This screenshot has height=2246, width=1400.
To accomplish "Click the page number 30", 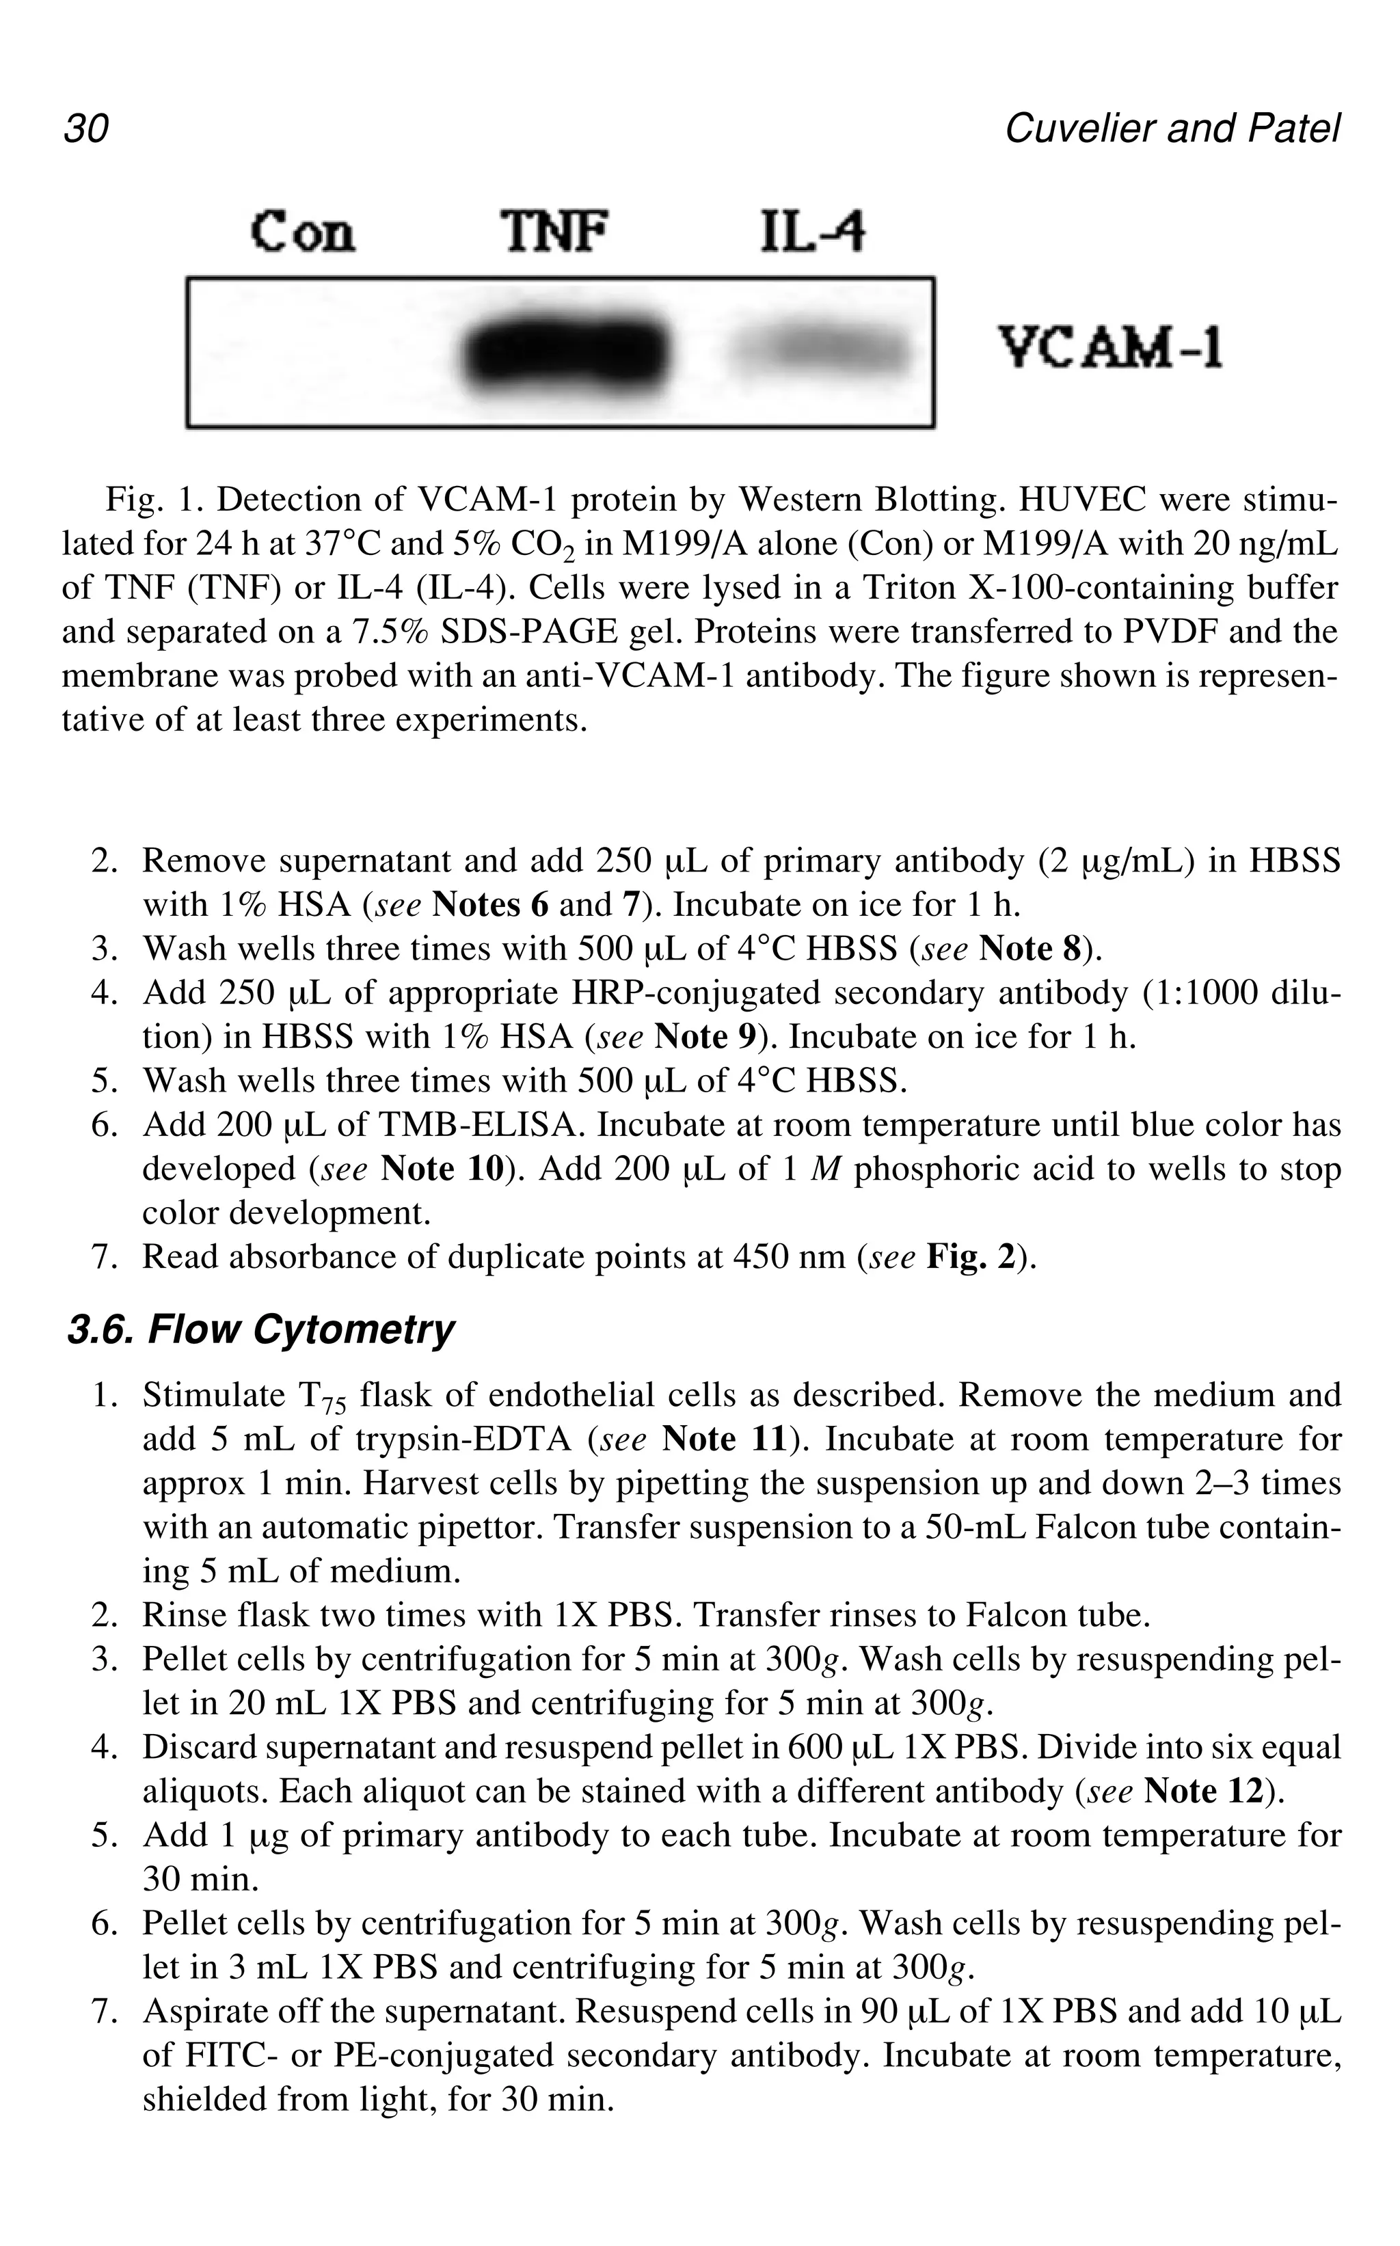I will point(86,128).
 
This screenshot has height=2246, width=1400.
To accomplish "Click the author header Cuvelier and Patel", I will point(1171,128).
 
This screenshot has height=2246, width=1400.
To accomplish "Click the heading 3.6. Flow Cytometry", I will point(260,1329).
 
